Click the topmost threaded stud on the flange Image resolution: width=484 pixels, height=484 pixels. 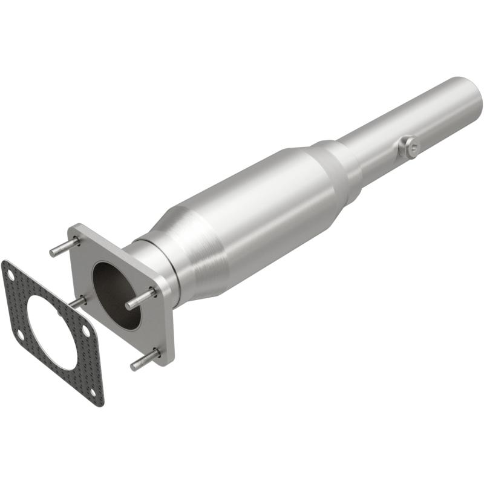click(64, 247)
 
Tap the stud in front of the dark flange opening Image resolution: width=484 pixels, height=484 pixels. click(140, 299)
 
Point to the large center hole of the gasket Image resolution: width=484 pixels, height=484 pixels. click(51, 330)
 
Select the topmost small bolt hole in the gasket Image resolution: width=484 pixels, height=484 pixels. click(11, 273)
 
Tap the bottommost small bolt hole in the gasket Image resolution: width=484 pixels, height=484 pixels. click(92, 391)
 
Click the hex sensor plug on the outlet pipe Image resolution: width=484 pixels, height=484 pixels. click(410, 146)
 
